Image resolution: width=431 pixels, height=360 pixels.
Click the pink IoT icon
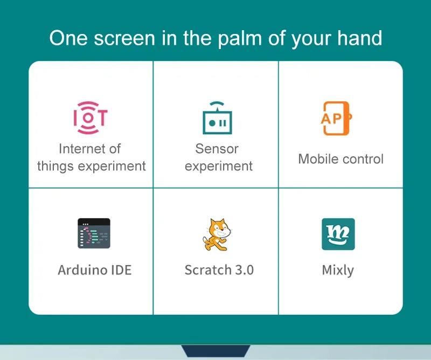coord(90,117)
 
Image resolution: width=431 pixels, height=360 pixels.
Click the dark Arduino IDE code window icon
coord(94,233)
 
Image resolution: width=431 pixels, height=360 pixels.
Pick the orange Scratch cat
coord(217,234)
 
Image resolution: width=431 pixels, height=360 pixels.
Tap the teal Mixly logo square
coord(338,234)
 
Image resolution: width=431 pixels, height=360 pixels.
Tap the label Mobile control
coord(340,159)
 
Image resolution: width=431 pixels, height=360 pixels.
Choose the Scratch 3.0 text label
coord(219,269)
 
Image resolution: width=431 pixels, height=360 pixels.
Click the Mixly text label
coord(338,270)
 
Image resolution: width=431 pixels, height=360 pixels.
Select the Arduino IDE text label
coord(94,269)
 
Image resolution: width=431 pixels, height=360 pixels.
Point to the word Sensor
coord(217,148)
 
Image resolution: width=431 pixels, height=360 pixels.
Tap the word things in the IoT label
coord(55,166)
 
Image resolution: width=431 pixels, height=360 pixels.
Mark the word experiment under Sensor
coord(218,166)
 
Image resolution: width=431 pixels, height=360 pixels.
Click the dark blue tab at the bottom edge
coord(215,351)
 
